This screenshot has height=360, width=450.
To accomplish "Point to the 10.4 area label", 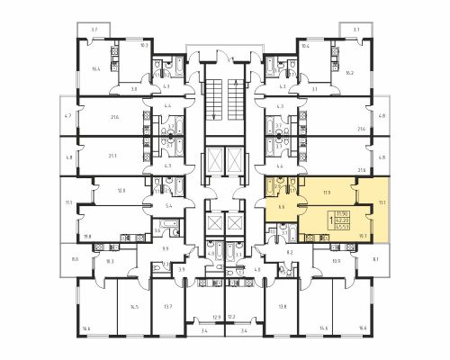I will tap(305, 44).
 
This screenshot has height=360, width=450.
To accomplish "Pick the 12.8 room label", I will tap(121, 191).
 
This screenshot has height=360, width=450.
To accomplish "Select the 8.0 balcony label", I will tap(76, 259).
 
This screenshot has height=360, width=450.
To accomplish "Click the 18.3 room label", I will tap(110, 261).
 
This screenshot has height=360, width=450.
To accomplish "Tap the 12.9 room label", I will tap(216, 317).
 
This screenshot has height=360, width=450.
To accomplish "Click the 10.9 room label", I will tap(337, 261).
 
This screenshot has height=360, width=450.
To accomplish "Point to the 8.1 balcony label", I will tap(374, 259).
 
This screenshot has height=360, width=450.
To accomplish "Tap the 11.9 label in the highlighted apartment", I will tap(325, 192).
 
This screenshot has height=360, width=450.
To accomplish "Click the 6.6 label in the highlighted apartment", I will tap(283, 206).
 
